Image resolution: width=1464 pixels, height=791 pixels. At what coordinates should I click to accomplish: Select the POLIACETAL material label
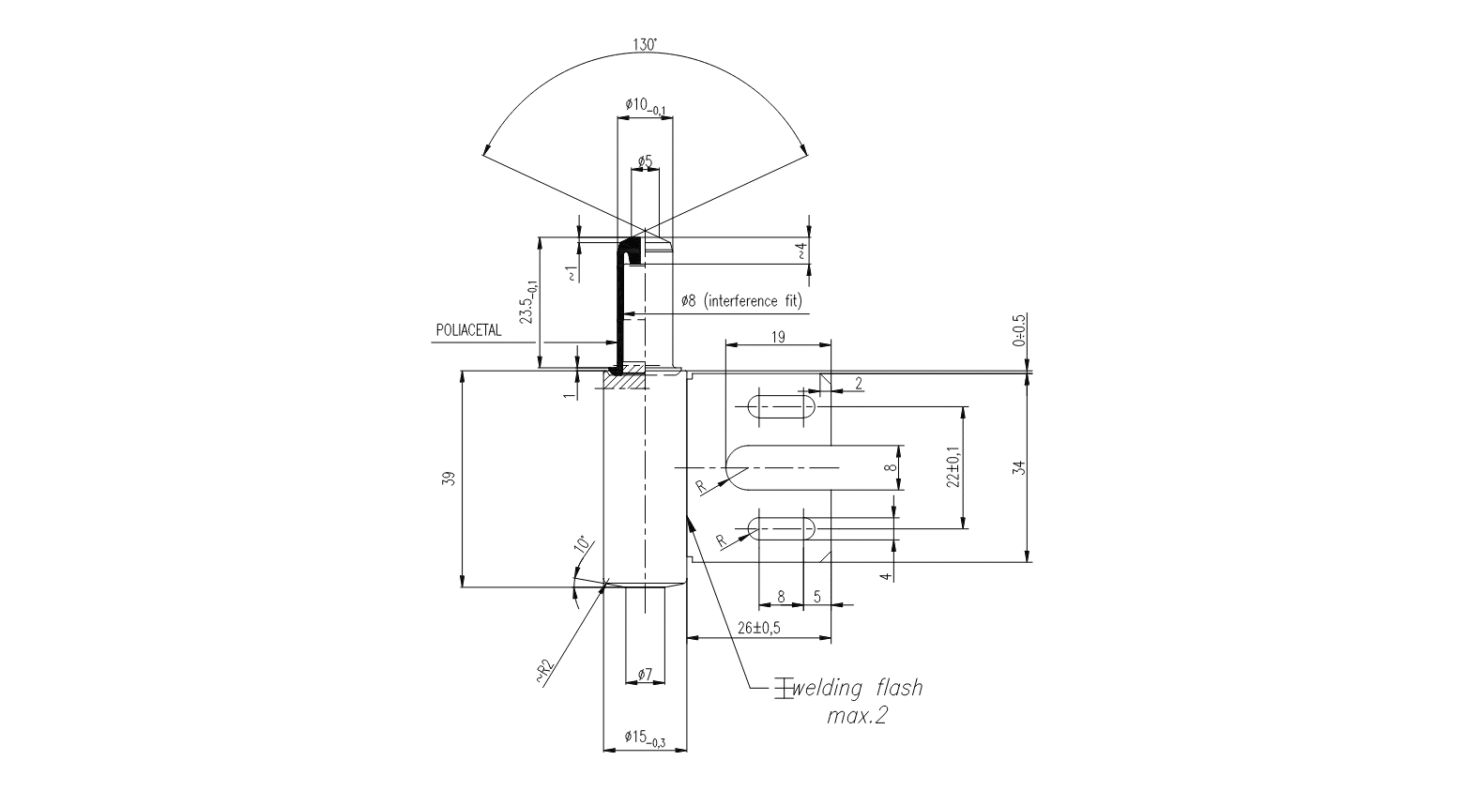click(468, 330)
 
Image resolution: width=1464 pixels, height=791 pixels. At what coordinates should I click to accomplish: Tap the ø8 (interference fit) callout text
click(741, 301)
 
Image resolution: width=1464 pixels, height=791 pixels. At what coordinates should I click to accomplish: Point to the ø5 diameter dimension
click(644, 161)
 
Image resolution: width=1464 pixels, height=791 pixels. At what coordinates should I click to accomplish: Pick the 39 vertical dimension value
click(449, 478)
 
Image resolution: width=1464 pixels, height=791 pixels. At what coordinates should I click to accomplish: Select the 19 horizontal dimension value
click(778, 335)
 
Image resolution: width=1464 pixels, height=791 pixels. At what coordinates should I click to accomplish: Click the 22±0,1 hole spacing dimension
click(953, 466)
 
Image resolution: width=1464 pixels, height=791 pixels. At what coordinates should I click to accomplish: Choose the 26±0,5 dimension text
click(759, 627)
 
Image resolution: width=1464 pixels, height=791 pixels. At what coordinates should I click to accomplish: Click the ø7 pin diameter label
click(644, 674)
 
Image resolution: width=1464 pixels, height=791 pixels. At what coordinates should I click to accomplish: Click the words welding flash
click(857, 689)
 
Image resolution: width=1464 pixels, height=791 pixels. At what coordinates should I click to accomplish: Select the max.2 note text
click(856, 717)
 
